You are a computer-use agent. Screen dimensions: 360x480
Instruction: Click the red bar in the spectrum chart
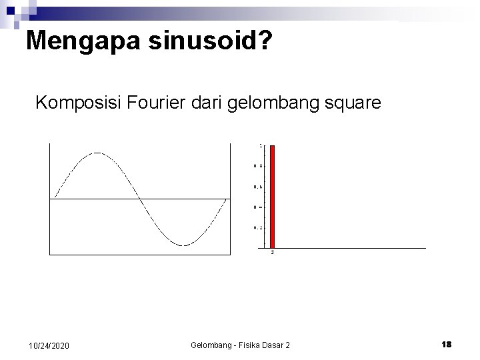pos(272,196)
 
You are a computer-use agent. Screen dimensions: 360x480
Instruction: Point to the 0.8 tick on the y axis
pos(257,166)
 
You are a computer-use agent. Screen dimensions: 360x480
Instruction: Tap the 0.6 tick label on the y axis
pos(257,187)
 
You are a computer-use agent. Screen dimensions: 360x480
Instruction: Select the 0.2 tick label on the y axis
pos(257,228)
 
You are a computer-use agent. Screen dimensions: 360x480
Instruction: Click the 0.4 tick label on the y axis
pos(257,207)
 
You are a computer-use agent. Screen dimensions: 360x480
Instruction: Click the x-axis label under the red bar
pos(272,253)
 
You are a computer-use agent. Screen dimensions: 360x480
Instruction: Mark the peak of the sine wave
pos(97,153)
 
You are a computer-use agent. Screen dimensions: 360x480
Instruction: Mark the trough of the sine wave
pos(184,245)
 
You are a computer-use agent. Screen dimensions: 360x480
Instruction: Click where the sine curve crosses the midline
pos(140,199)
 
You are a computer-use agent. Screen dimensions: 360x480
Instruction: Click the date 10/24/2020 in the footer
pos(49,345)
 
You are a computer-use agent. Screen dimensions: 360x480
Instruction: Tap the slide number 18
pos(446,345)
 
